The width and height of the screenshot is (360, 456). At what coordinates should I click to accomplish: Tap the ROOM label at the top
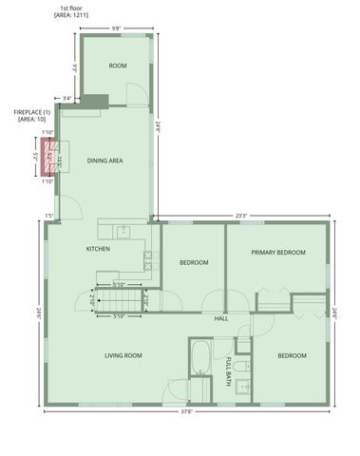118,66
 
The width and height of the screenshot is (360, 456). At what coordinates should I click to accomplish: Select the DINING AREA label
105,161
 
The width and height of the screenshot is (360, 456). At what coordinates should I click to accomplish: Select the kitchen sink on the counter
123,231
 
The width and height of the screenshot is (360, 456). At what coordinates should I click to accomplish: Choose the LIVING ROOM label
123,355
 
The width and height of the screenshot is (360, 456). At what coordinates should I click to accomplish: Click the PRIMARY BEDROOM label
278,253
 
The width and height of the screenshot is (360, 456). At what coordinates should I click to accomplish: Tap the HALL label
221,318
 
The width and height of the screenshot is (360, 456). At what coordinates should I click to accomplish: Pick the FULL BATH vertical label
228,370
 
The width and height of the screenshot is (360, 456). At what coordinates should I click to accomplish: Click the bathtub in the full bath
200,359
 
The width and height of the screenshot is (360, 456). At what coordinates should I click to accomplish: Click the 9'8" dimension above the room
116,28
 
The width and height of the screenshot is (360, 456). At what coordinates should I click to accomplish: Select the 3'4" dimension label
66,98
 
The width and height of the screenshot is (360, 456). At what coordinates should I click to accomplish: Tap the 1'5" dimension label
49,217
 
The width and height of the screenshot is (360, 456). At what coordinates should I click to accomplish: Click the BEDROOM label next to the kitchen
194,262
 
